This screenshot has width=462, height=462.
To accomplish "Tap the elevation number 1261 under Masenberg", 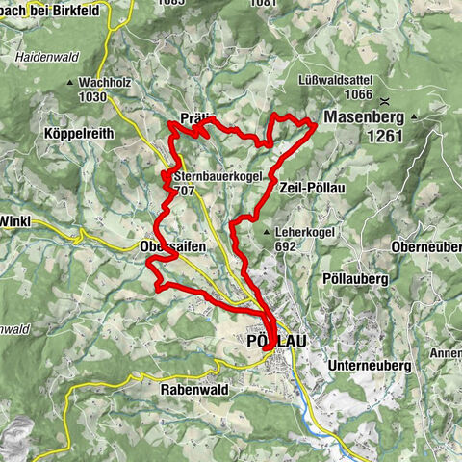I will [383, 137].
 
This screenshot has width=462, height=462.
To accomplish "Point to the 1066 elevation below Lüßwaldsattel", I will [355, 94].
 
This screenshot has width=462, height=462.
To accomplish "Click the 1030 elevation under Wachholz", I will [92, 96].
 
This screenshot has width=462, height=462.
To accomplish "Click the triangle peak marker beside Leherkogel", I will [267, 233].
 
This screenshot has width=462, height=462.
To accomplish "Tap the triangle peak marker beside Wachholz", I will [71, 83].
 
